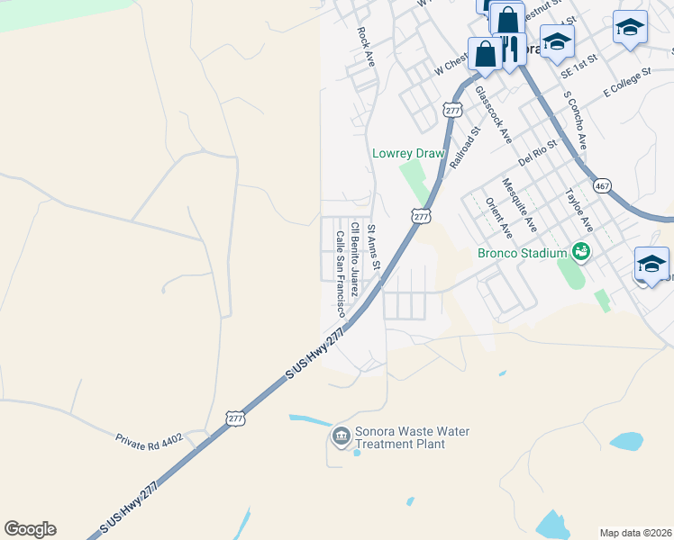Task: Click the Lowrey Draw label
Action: (x=408, y=154)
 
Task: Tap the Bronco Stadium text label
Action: (x=522, y=253)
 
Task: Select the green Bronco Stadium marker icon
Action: (x=582, y=252)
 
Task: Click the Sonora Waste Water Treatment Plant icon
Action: (x=341, y=437)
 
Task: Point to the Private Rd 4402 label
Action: (x=149, y=439)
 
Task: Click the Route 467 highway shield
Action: (x=602, y=185)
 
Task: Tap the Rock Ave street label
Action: (x=365, y=45)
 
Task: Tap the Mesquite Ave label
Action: (x=519, y=204)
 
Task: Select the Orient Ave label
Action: (x=498, y=218)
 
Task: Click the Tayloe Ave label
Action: (x=577, y=211)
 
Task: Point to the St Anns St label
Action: (x=374, y=253)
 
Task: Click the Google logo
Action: (x=30, y=529)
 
